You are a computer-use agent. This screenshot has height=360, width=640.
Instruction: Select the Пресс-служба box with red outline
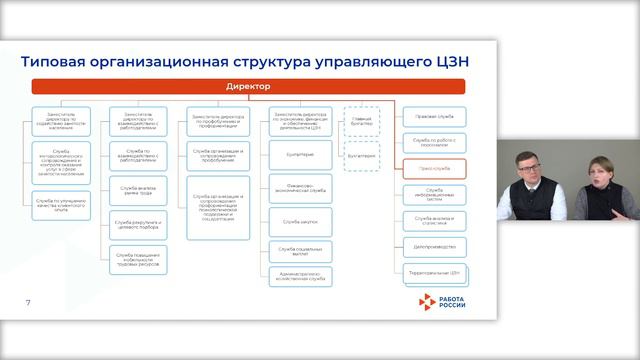(433, 169)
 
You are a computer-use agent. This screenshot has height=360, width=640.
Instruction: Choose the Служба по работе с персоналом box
(433, 144)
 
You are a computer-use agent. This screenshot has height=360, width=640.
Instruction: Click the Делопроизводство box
(433, 245)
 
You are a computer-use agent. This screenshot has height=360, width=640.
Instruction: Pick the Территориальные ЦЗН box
(433, 271)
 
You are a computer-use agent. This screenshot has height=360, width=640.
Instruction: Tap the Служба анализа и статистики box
(433, 219)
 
